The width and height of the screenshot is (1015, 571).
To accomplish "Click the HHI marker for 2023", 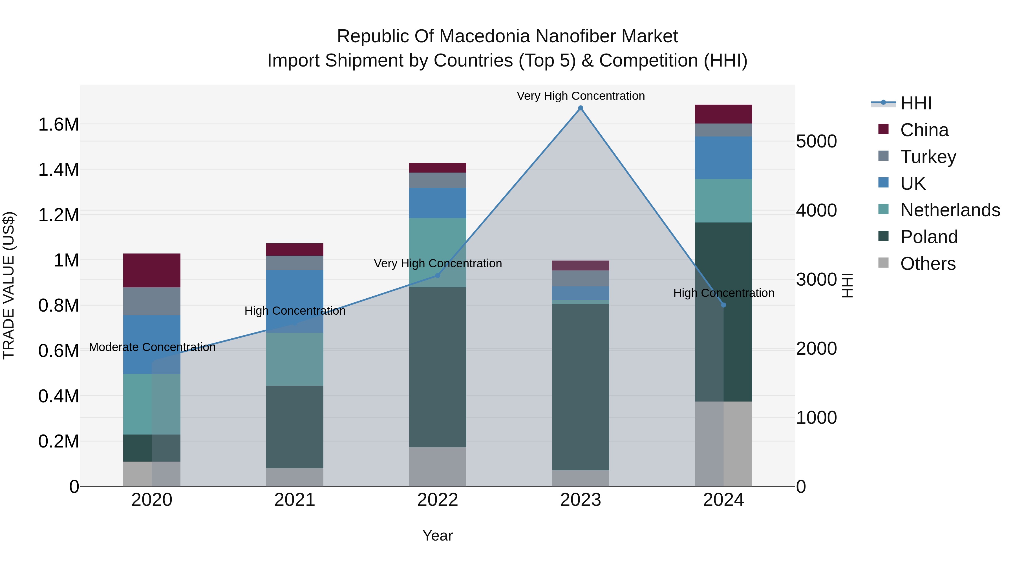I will pyautogui.click(x=581, y=108).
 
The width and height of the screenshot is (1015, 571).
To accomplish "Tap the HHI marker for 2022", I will pyautogui.click(x=437, y=275).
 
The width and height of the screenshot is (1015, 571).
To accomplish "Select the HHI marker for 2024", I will pyautogui.click(x=723, y=305).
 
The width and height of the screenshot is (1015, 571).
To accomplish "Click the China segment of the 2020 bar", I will pyautogui.click(x=152, y=270).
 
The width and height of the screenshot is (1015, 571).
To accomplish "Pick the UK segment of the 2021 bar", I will pyautogui.click(x=295, y=301).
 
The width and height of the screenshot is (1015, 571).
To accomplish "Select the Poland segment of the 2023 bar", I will pyautogui.click(x=581, y=387).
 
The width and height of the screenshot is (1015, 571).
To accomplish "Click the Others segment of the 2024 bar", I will pyautogui.click(x=723, y=444).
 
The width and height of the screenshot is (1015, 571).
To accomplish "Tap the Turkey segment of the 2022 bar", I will pyautogui.click(x=437, y=180).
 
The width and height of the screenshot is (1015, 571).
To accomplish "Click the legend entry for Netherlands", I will pyautogui.click(x=950, y=210).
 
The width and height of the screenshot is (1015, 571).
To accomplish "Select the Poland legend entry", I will pyautogui.click(x=928, y=237).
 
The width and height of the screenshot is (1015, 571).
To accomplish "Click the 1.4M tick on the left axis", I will pyautogui.click(x=58, y=170).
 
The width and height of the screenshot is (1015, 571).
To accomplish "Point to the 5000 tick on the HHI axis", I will pyautogui.click(x=816, y=142).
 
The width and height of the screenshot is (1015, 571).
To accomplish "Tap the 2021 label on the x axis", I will pyautogui.click(x=295, y=500).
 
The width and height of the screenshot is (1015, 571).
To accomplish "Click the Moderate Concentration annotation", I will pyautogui.click(x=152, y=347).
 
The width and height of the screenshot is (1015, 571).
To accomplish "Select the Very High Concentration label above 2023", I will pyautogui.click(x=581, y=96).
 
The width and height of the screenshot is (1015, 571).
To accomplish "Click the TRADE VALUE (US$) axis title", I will pyautogui.click(x=9, y=285).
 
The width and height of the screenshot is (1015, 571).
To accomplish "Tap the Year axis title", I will pyautogui.click(x=437, y=535).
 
